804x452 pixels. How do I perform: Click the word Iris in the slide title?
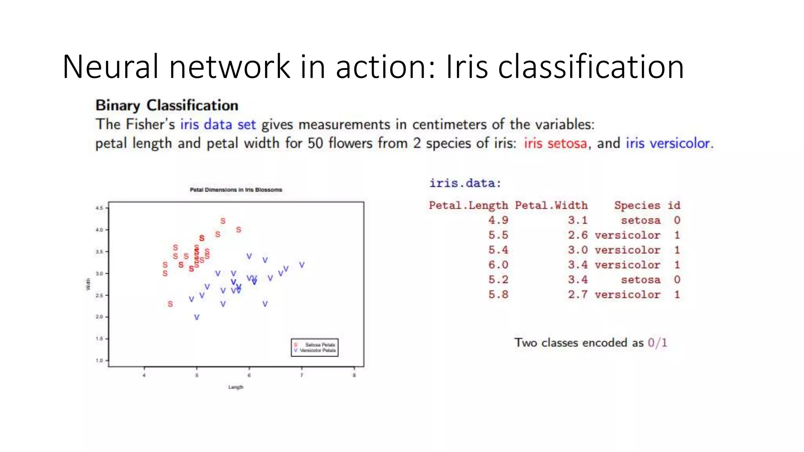click(x=467, y=67)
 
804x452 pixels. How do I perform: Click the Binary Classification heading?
click(x=167, y=106)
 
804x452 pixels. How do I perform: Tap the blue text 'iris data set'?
click(x=218, y=124)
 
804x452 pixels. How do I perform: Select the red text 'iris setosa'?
click(x=555, y=143)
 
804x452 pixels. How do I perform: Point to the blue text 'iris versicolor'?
click(x=668, y=143)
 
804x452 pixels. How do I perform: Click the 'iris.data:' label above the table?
click(x=465, y=183)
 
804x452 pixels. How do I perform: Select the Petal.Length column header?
click(x=468, y=205)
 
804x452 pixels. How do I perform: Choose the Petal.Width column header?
click(x=551, y=205)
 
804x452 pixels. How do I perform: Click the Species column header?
click(x=637, y=205)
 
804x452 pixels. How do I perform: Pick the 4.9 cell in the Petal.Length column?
click(x=498, y=220)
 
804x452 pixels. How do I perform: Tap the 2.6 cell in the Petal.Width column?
click(x=577, y=235)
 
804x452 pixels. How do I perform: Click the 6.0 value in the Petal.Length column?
click(x=498, y=265)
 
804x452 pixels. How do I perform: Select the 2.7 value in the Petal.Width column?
click(x=577, y=295)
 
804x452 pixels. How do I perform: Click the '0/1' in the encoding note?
click(x=658, y=343)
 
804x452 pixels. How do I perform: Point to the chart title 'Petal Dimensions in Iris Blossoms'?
click(x=236, y=190)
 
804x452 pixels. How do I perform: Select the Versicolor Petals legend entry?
click(x=317, y=350)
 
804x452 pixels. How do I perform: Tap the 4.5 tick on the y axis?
click(x=99, y=208)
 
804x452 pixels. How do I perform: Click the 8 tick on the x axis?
click(x=354, y=375)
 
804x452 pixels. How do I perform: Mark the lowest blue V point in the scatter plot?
click(x=197, y=317)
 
